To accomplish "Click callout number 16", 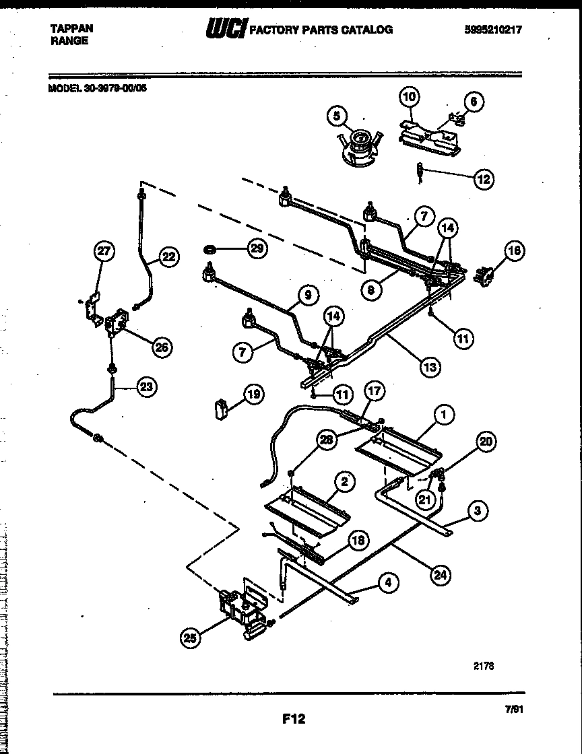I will (515, 251).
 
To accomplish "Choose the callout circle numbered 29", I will (257, 249).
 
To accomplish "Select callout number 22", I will (168, 256).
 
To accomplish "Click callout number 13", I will (429, 367).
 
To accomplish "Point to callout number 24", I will (441, 575).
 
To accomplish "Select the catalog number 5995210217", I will (493, 29).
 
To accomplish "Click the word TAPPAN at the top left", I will (72, 28).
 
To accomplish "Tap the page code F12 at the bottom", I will (294, 719).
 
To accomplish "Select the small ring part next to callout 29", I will (209, 250).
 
